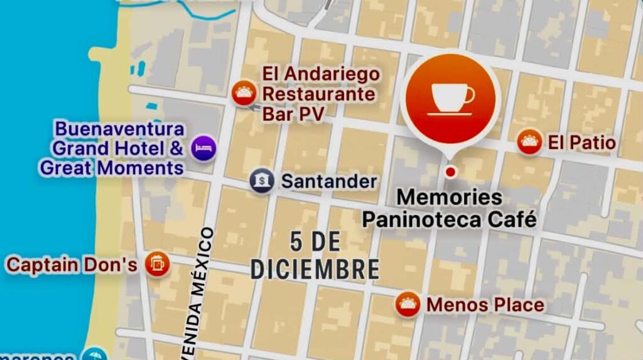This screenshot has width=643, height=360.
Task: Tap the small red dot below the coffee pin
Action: [450, 172]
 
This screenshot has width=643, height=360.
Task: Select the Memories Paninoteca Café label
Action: [450, 209]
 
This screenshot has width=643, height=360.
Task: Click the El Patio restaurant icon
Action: [530, 142]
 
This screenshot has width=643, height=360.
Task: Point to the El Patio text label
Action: [581, 143]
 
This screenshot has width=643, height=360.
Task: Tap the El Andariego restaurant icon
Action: [244, 94]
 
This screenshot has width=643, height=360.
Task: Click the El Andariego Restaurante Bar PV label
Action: [321, 94]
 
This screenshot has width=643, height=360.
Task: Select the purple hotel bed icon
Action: [203, 148]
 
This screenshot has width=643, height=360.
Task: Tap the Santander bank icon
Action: [262, 181]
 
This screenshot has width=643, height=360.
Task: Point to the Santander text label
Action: [328, 182]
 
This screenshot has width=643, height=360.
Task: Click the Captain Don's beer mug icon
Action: [156, 264]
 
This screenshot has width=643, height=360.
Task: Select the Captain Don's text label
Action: [72, 265]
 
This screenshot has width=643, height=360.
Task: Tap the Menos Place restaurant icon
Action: [408, 305]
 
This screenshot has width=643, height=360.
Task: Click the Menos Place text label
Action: [485, 305]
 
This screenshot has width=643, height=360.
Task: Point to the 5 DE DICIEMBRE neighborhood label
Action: [315, 255]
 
